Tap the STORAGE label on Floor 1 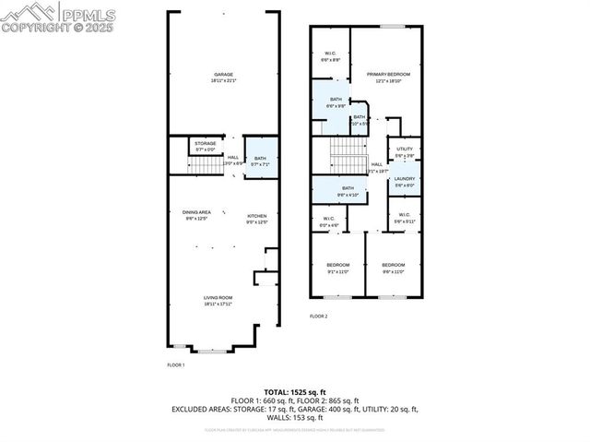point(205,143)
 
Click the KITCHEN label point(256,217)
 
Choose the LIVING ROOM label point(218,297)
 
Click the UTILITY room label point(405,149)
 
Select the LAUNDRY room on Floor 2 point(405,179)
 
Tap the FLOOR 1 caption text point(175,365)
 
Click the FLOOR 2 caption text point(318,317)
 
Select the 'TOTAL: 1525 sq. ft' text point(294,392)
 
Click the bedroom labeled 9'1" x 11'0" point(337,266)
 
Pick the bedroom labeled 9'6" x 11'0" point(394,266)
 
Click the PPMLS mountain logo point(29,14)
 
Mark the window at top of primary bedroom point(393,27)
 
